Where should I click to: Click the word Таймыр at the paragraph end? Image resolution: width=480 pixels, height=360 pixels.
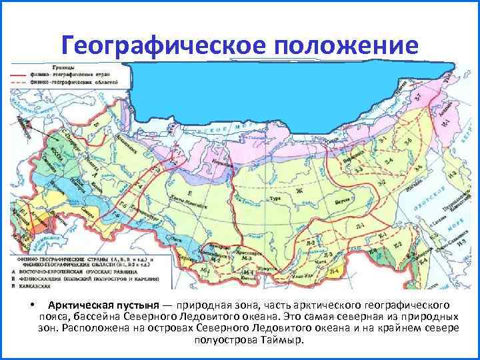coord(282,339)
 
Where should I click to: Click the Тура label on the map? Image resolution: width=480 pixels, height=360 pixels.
coord(274,198)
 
